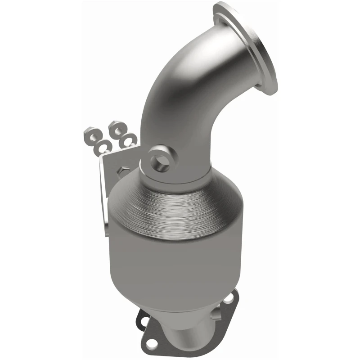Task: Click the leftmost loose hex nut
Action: (x=89, y=135)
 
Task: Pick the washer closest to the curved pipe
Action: (x=130, y=139)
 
